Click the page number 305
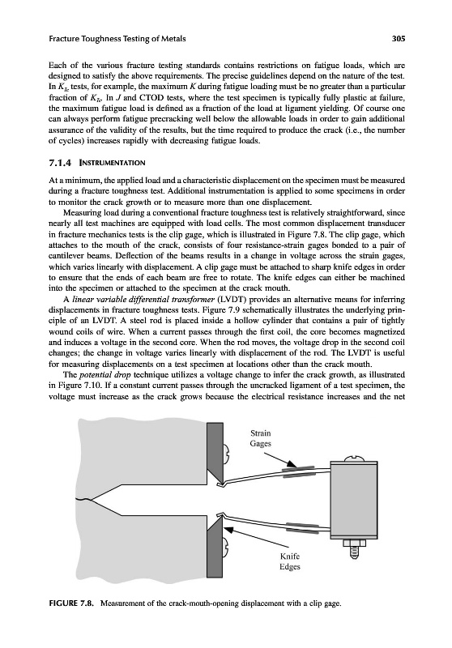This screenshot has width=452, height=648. click(399, 39)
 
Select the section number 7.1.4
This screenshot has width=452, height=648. click(60, 163)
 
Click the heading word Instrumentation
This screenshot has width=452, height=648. click(109, 163)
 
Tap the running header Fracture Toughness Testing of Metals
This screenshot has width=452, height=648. click(117, 39)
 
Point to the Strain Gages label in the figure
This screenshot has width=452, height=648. click(261, 438)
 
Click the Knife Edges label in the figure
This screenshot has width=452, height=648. click(290, 561)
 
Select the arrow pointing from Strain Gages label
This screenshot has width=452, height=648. click(279, 460)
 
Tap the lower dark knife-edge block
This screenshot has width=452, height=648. click(215, 546)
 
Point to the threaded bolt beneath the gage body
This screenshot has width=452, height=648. click(354, 548)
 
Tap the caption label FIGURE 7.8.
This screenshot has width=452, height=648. click(71, 603)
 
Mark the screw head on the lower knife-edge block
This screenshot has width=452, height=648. click(227, 548)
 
